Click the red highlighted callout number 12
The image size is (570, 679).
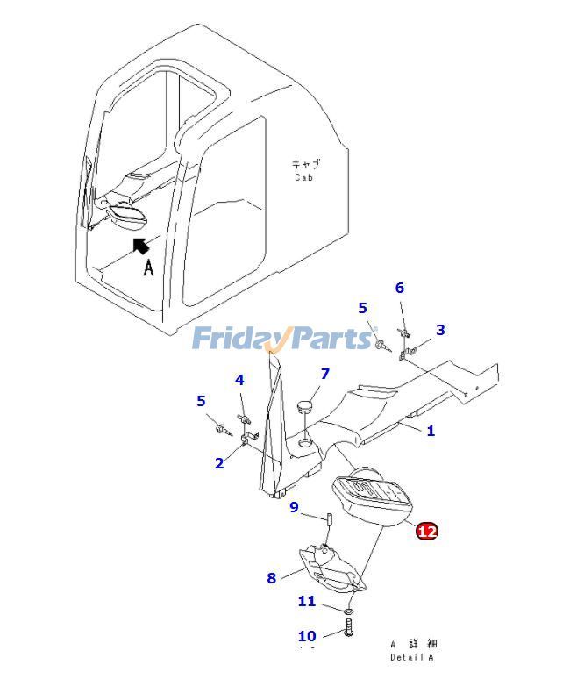pos(426,531)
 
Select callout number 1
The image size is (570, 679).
pos(431,431)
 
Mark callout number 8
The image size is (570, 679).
pos(272,578)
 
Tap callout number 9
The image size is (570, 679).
pos(294,507)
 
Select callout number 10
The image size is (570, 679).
pos(307,636)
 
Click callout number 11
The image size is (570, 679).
pos(306,601)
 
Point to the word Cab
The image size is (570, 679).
pos(303,177)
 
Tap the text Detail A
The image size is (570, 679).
pos(411,657)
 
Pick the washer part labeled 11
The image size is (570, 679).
pos(349,609)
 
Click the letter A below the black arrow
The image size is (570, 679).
pos(148,268)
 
